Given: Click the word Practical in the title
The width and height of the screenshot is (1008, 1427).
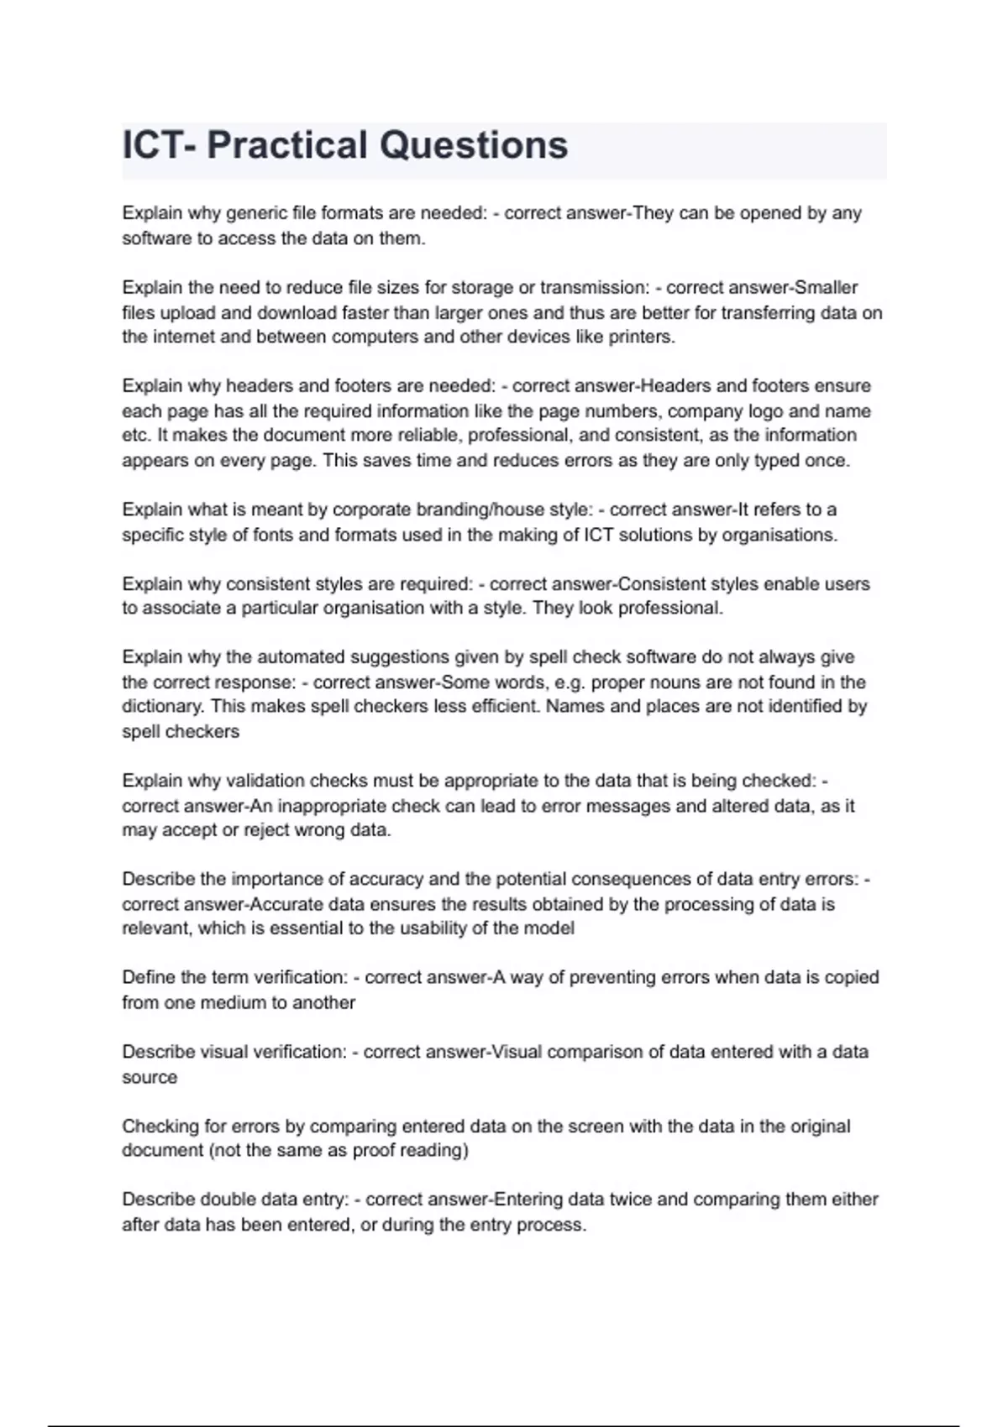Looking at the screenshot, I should coord(286,145).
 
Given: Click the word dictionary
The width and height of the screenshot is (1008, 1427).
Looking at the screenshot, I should coord(161,707).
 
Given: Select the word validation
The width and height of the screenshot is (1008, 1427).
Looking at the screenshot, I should coord(265,781).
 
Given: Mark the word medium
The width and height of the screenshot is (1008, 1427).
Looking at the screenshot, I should coord(226,1002).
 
